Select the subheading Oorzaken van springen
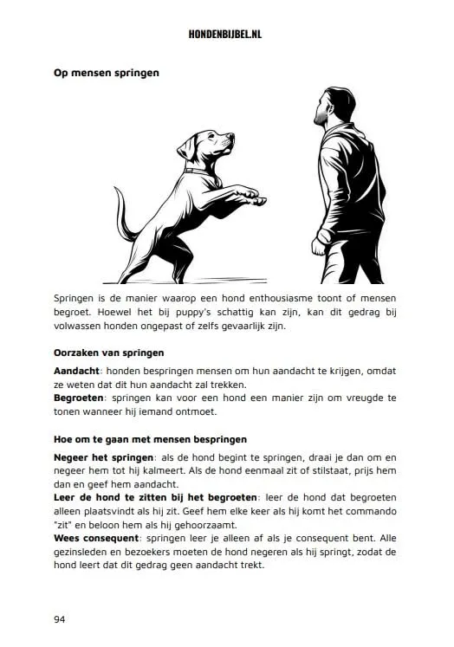(109, 353)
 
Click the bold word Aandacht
(79, 370)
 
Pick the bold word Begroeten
(81, 398)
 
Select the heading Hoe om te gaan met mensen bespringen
(150, 439)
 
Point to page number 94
(61, 619)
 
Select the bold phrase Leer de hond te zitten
(120, 498)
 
